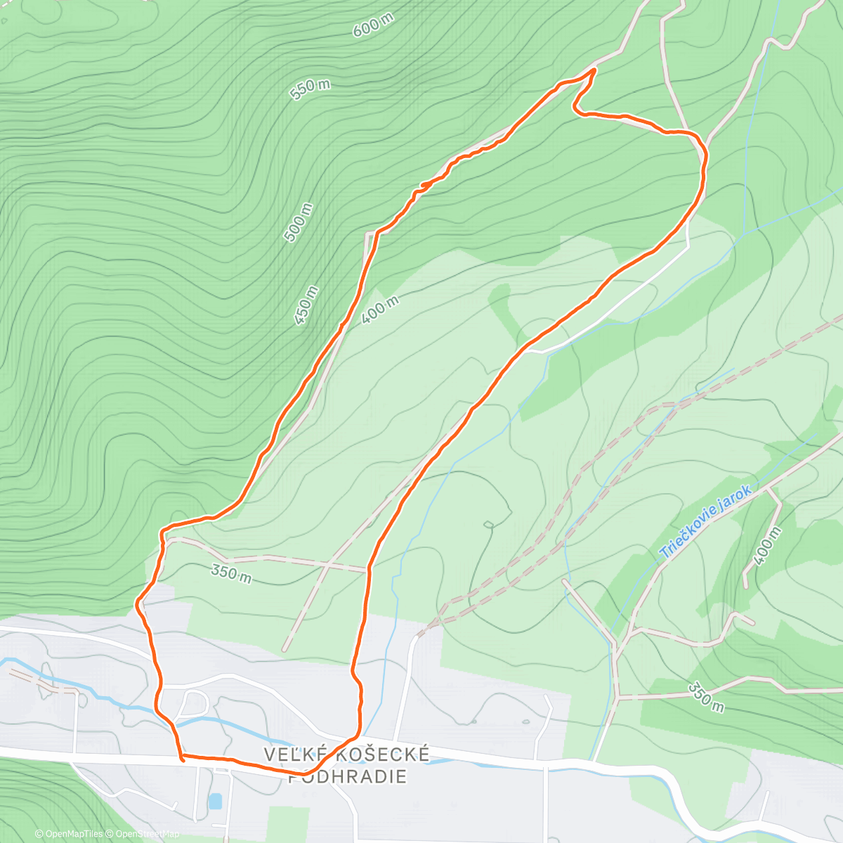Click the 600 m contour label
tap(372, 27)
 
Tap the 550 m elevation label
tap(309, 89)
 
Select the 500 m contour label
tap(298, 222)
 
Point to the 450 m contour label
tap(307, 305)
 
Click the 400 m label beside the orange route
tap(381, 310)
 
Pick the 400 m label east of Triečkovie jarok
tap(766, 547)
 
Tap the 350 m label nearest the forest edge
tap(231, 573)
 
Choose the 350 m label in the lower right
tap(705, 696)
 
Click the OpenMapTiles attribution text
tap(69, 834)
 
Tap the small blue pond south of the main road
tap(215, 801)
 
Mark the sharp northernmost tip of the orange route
tap(595, 70)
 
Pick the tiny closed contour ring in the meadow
tap(488, 524)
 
